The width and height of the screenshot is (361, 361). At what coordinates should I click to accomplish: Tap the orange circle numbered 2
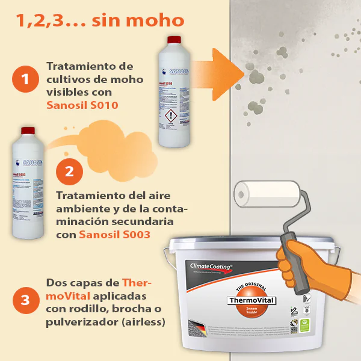(x=69, y=171)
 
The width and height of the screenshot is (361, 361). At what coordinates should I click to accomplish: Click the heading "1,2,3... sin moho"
(x=100, y=20)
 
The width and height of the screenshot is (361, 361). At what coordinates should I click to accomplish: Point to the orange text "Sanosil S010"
(x=82, y=105)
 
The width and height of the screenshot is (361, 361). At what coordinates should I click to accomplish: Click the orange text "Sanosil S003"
(x=114, y=234)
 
